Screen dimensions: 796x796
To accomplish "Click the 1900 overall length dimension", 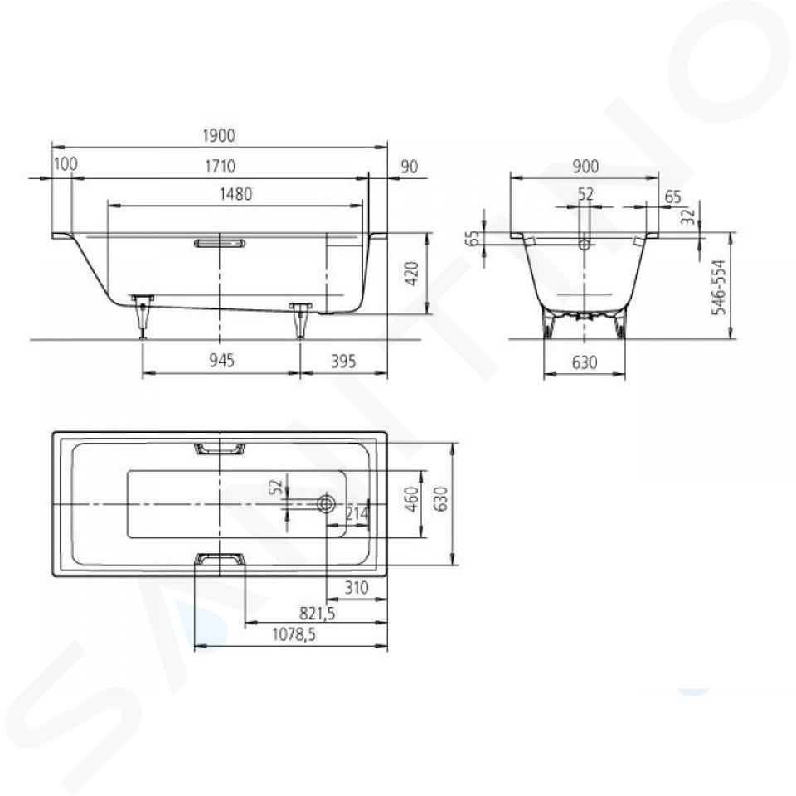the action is click(219, 136).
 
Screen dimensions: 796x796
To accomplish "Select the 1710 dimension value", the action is click(221, 167).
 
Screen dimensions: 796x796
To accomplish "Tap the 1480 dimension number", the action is click(235, 194).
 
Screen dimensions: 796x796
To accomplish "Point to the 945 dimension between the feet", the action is click(222, 361).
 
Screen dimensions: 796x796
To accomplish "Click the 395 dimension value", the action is click(343, 362).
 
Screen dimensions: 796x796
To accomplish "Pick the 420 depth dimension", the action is click(412, 273).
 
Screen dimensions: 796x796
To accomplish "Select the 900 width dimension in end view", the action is click(585, 167).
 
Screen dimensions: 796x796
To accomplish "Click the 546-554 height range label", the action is click(719, 288).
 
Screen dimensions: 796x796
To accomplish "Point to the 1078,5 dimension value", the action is click(294, 634).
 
